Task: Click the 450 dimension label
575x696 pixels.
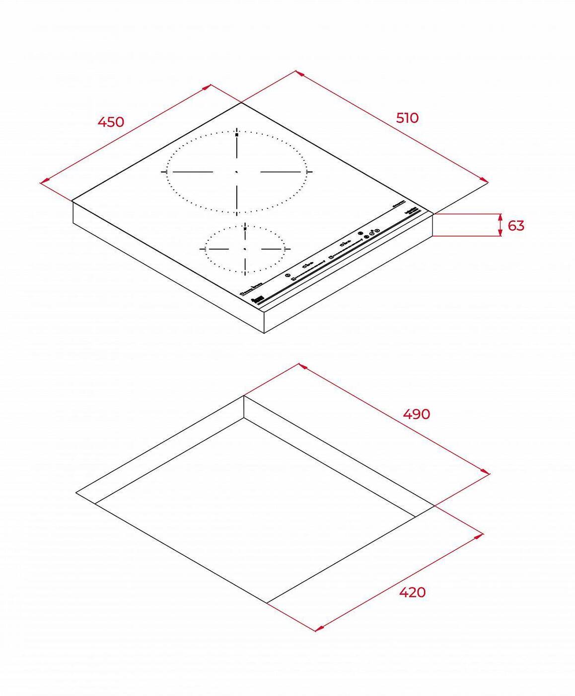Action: coord(110,121)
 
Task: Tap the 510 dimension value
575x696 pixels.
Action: coord(407,118)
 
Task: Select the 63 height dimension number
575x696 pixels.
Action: coord(516,226)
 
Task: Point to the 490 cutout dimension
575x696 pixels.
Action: coord(416,414)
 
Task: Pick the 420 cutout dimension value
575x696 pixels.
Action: coord(412,592)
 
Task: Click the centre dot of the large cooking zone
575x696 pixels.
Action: coord(237,172)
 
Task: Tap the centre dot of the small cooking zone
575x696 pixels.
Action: coord(245,248)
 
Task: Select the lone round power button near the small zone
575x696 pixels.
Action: coord(287,275)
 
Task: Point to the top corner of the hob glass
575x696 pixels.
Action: coord(241,102)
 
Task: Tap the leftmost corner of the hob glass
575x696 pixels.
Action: coord(72,201)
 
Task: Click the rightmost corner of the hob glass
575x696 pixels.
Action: coord(433,214)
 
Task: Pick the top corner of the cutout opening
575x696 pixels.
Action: coord(244,396)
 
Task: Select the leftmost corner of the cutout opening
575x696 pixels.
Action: coord(76,493)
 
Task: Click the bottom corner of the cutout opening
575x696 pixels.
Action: coord(267,603)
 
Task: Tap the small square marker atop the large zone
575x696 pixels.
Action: coord(237,134)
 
